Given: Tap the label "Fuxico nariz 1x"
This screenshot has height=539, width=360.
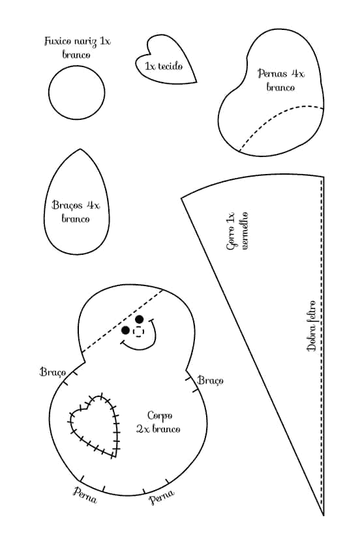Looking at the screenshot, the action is [x=78, y=41].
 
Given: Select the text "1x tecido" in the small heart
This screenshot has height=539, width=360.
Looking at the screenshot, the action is [x=163, y=66].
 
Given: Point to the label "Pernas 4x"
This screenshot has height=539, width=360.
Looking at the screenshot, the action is [x=281, y=74].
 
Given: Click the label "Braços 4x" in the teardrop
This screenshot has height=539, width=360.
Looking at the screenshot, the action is [x=76, y=205].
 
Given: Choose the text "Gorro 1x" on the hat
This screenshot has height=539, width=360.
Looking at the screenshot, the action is [x=230, y=231].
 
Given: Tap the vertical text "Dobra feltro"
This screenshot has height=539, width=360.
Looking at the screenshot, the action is [x=312, y=325].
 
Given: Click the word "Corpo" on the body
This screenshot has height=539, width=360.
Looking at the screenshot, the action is [x=160, y=416].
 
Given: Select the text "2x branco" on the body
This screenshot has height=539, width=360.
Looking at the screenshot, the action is [x=158, y=429].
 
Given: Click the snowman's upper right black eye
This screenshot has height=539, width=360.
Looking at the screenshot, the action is [x=139, y=319].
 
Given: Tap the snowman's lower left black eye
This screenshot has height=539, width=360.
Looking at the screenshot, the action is [x=125, y=330].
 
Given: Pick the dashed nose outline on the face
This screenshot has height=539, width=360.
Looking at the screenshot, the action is [x=138, y=332].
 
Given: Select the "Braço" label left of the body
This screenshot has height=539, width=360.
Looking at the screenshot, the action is [x=53, y=372].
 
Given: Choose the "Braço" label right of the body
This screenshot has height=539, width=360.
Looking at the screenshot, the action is [x=211, y=380].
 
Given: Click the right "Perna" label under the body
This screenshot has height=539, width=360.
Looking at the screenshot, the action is [x=162, y=497].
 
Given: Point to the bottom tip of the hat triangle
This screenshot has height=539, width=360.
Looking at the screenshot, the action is [x=323, y=516].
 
